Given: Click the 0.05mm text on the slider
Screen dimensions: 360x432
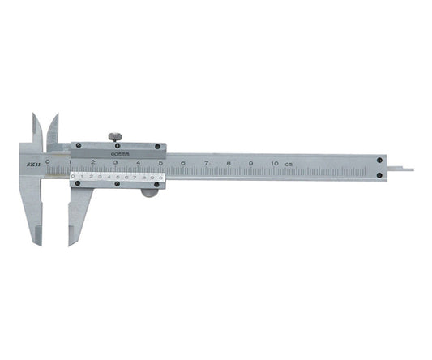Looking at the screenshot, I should coord(118,151).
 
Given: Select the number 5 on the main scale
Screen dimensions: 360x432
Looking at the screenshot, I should coord(161,163).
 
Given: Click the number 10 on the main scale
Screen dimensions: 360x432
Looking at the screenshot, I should coord(274,164).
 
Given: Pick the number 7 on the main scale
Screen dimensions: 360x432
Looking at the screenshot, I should coord(207,164).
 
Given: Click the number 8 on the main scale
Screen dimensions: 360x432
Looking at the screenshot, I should coord(229,164).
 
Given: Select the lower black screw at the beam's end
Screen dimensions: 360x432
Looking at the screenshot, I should coord(379,175).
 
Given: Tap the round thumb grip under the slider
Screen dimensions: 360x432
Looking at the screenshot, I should coord(148,191).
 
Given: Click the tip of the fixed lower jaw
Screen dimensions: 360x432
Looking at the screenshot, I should coord(36,242).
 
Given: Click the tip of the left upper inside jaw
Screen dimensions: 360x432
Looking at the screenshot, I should coord(35,116).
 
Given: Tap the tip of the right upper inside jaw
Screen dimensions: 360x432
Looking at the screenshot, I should coord(56,116).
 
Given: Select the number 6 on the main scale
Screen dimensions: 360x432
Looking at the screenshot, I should coord(184,164).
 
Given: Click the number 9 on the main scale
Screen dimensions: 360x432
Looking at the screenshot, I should coord(251,164).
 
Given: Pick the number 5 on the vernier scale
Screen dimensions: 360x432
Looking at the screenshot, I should coord(115,175).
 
